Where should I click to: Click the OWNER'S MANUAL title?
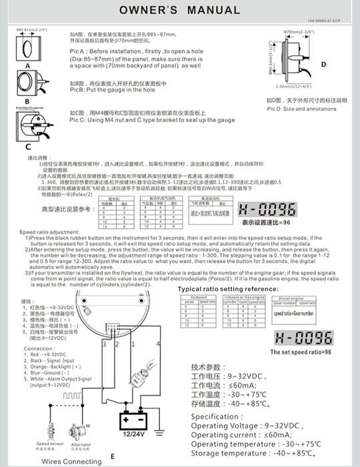point(179,11)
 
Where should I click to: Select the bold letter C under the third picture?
point(27,146)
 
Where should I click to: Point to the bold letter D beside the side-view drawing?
point(323,64)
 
